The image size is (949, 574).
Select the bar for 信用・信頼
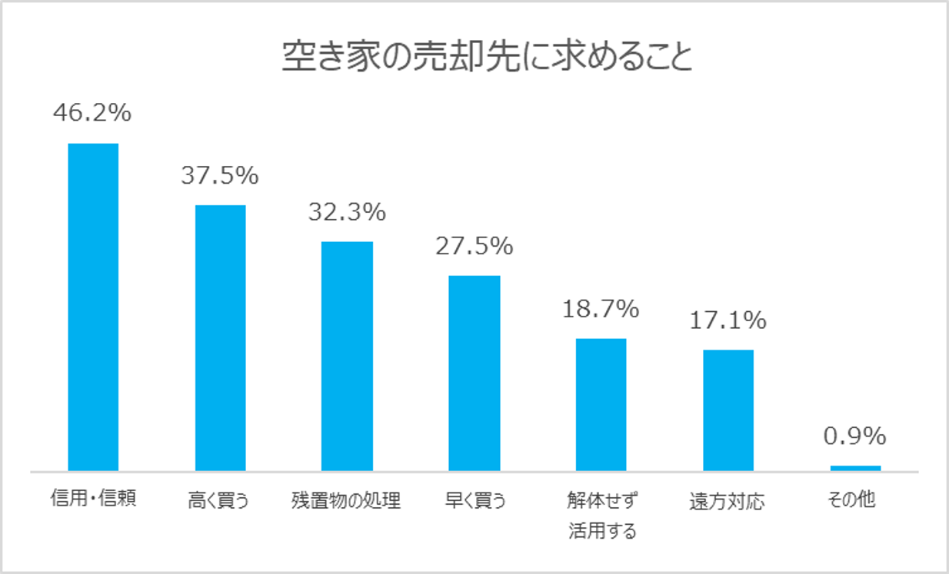[x=93, y=307]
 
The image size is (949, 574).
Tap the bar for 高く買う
[x=220, y=337]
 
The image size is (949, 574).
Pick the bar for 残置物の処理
[x=347, y=356]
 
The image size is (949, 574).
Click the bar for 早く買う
[x=474, y=373]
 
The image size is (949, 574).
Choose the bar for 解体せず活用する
[x=601, y=404]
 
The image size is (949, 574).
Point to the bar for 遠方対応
[x=728, y=410]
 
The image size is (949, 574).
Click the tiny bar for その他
[x=855, y=467]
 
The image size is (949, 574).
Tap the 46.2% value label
[x=92, y=114]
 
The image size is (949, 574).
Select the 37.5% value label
[x=220, y=176]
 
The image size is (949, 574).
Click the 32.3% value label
[x=347, y=212]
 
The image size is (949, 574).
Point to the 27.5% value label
[x=474, y=246]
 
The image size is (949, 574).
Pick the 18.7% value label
[x=601, y=309]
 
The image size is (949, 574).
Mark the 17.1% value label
[x=728, y=320]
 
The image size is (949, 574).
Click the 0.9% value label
[x=854, y=436]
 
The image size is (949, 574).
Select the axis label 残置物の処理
[x=346, y=501]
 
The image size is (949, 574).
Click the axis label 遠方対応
[x=728, y=501]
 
